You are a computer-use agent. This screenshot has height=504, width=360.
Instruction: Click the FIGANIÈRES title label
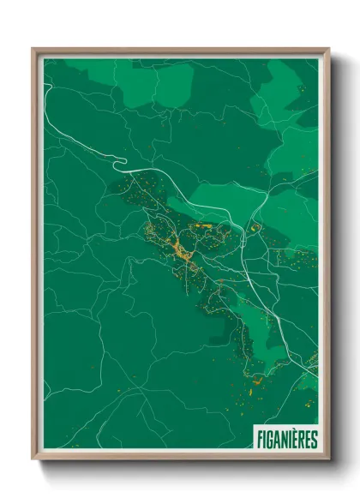287,440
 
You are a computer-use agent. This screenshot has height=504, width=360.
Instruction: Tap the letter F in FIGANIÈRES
260,440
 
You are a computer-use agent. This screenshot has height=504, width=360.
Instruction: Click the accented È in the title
297,440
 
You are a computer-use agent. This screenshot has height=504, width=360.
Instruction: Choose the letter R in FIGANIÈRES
303,440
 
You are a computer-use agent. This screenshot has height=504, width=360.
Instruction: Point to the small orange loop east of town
255,227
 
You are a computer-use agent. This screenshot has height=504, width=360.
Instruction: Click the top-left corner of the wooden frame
33,49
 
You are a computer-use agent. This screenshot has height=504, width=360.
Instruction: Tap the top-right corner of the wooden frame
328,49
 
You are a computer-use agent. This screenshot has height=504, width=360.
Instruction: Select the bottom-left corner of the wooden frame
33,460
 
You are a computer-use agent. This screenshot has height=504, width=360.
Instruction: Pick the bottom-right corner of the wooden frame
328,460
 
